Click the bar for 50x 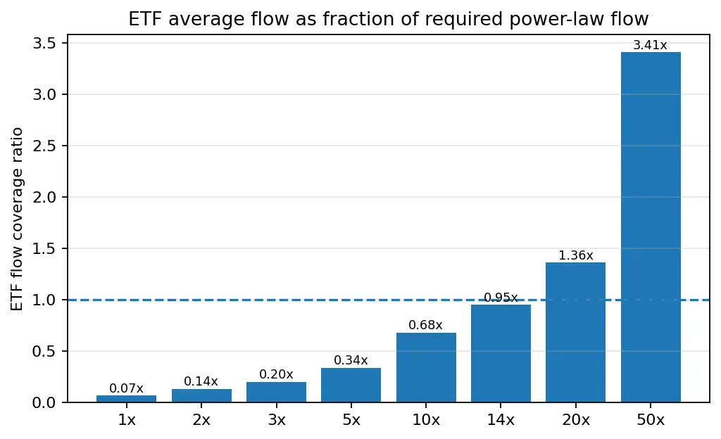(651, 227)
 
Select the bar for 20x (576, 333)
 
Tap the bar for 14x (501, 354)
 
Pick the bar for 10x (426, 367)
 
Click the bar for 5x (351, 385)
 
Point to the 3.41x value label (650, 45)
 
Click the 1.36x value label (576, 255)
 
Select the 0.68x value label (425, 325)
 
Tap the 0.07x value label (127, 388)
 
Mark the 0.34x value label (351, 360)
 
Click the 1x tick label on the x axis (127, 420)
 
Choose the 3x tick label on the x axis (276, 420)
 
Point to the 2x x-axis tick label (201, 420)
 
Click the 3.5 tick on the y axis (44, 44)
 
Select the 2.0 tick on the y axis (44, 198)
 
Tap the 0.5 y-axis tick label (44, 351)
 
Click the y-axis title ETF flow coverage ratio (17, 219)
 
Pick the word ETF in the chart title (142, 19)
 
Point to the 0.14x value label (201, 381)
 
